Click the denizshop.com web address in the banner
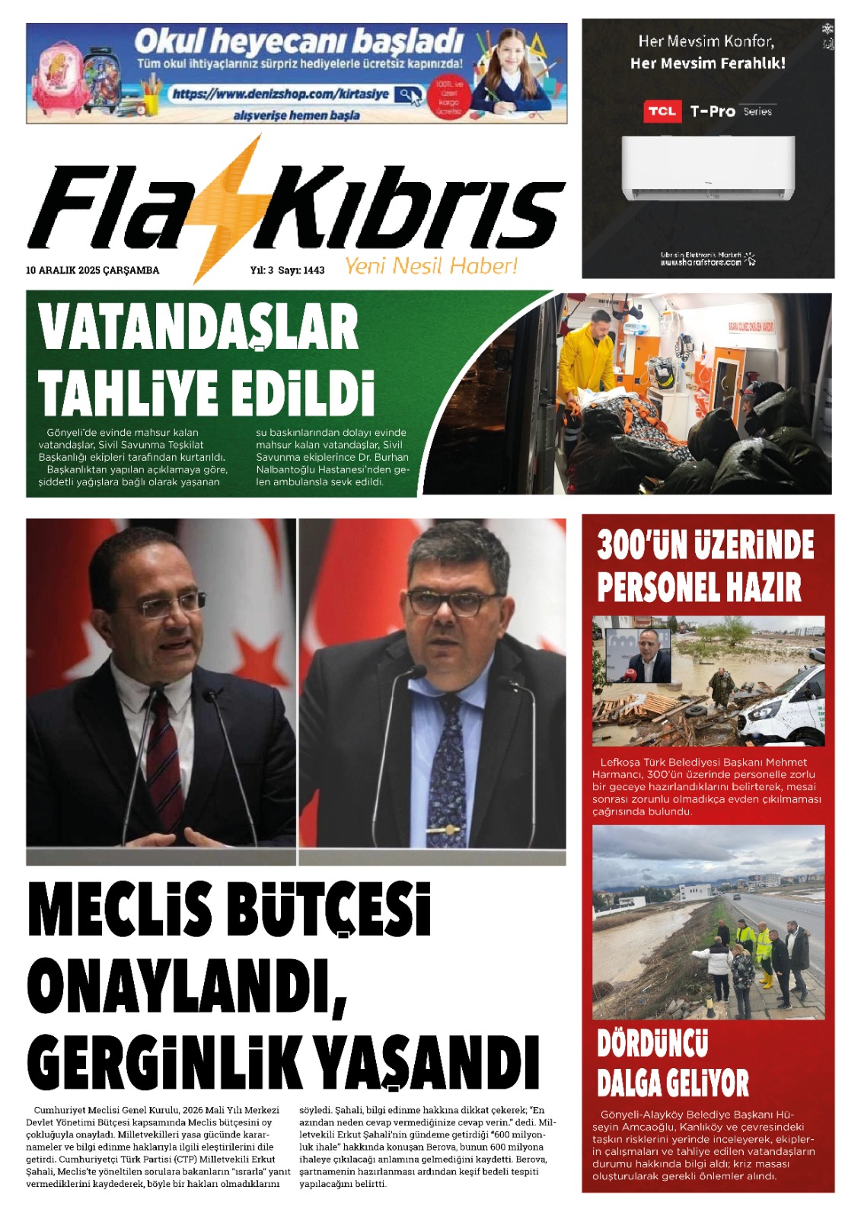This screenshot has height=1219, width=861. click(x=281, y=94)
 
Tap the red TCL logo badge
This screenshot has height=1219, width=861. click(x=662, y=111)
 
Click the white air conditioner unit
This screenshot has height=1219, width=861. click(x=708, y=168)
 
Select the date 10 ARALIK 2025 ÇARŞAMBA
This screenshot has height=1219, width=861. click(x=92, y=270)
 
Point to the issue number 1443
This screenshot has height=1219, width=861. click(x=313, y=270)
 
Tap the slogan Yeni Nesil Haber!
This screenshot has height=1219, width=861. click(x=431, y=266)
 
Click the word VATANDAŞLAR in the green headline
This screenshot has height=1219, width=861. click(x=198, y=328)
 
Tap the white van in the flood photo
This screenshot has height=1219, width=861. click(x=784, y=709)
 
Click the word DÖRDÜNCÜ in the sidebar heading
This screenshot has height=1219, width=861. click(x=652, y=1044)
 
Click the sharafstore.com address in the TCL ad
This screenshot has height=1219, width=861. click(x=700, y=262)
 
